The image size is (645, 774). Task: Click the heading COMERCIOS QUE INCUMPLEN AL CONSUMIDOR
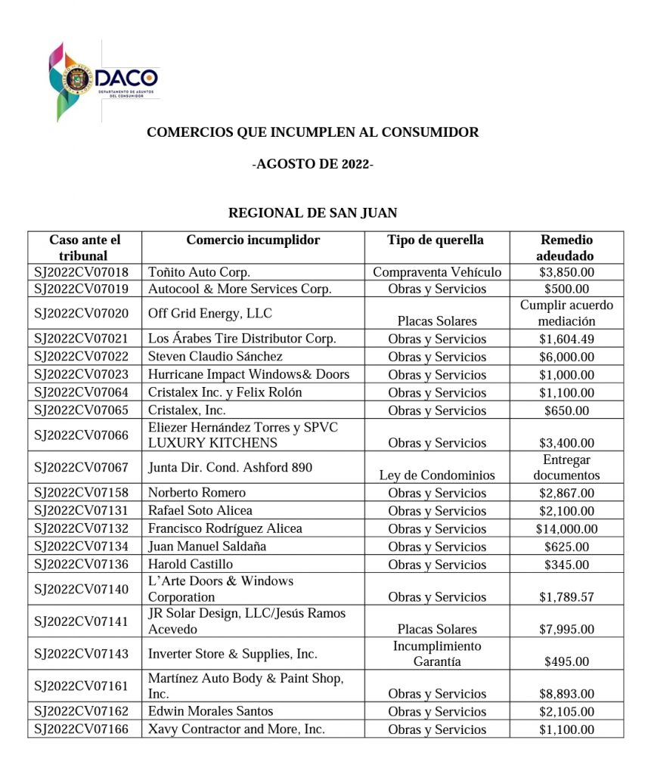point(312,132)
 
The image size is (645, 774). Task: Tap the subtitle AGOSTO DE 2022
point(312,164)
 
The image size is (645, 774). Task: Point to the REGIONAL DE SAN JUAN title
point(312,213)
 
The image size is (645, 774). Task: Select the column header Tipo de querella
point(436,240)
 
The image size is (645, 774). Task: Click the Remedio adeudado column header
point(566,248)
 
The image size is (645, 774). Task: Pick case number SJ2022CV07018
point(82,272)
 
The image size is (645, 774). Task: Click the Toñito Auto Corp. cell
point(199,272)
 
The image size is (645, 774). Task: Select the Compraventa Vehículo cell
point(437,272)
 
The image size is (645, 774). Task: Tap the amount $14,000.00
point(566,529)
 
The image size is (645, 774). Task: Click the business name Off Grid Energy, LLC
point(210,313)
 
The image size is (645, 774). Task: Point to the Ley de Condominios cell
point(437,475)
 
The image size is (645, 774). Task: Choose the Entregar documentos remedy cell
point(566,468)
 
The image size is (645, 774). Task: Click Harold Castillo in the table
point(191,565)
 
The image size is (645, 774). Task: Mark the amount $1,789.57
point(566,597)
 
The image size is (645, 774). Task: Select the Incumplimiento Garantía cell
point(437,654)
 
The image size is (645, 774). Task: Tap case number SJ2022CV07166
point(82,729)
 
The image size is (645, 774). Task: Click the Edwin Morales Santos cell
point(210,711)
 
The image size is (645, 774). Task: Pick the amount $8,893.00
point(566,694)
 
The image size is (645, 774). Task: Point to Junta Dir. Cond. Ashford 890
point(230,468)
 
